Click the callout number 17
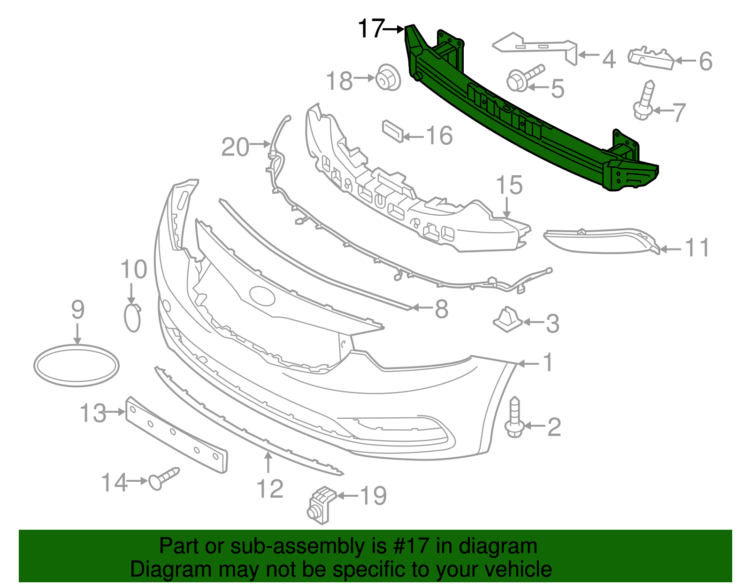(371, 29)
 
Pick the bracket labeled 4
(535, 46)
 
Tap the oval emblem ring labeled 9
(77, 366)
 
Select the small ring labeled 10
(132, 318)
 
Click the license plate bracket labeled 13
(176, 435)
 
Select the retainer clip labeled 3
(507, 320)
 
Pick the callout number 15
(509, 185)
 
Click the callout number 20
(235, 147)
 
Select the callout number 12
(270, 489)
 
